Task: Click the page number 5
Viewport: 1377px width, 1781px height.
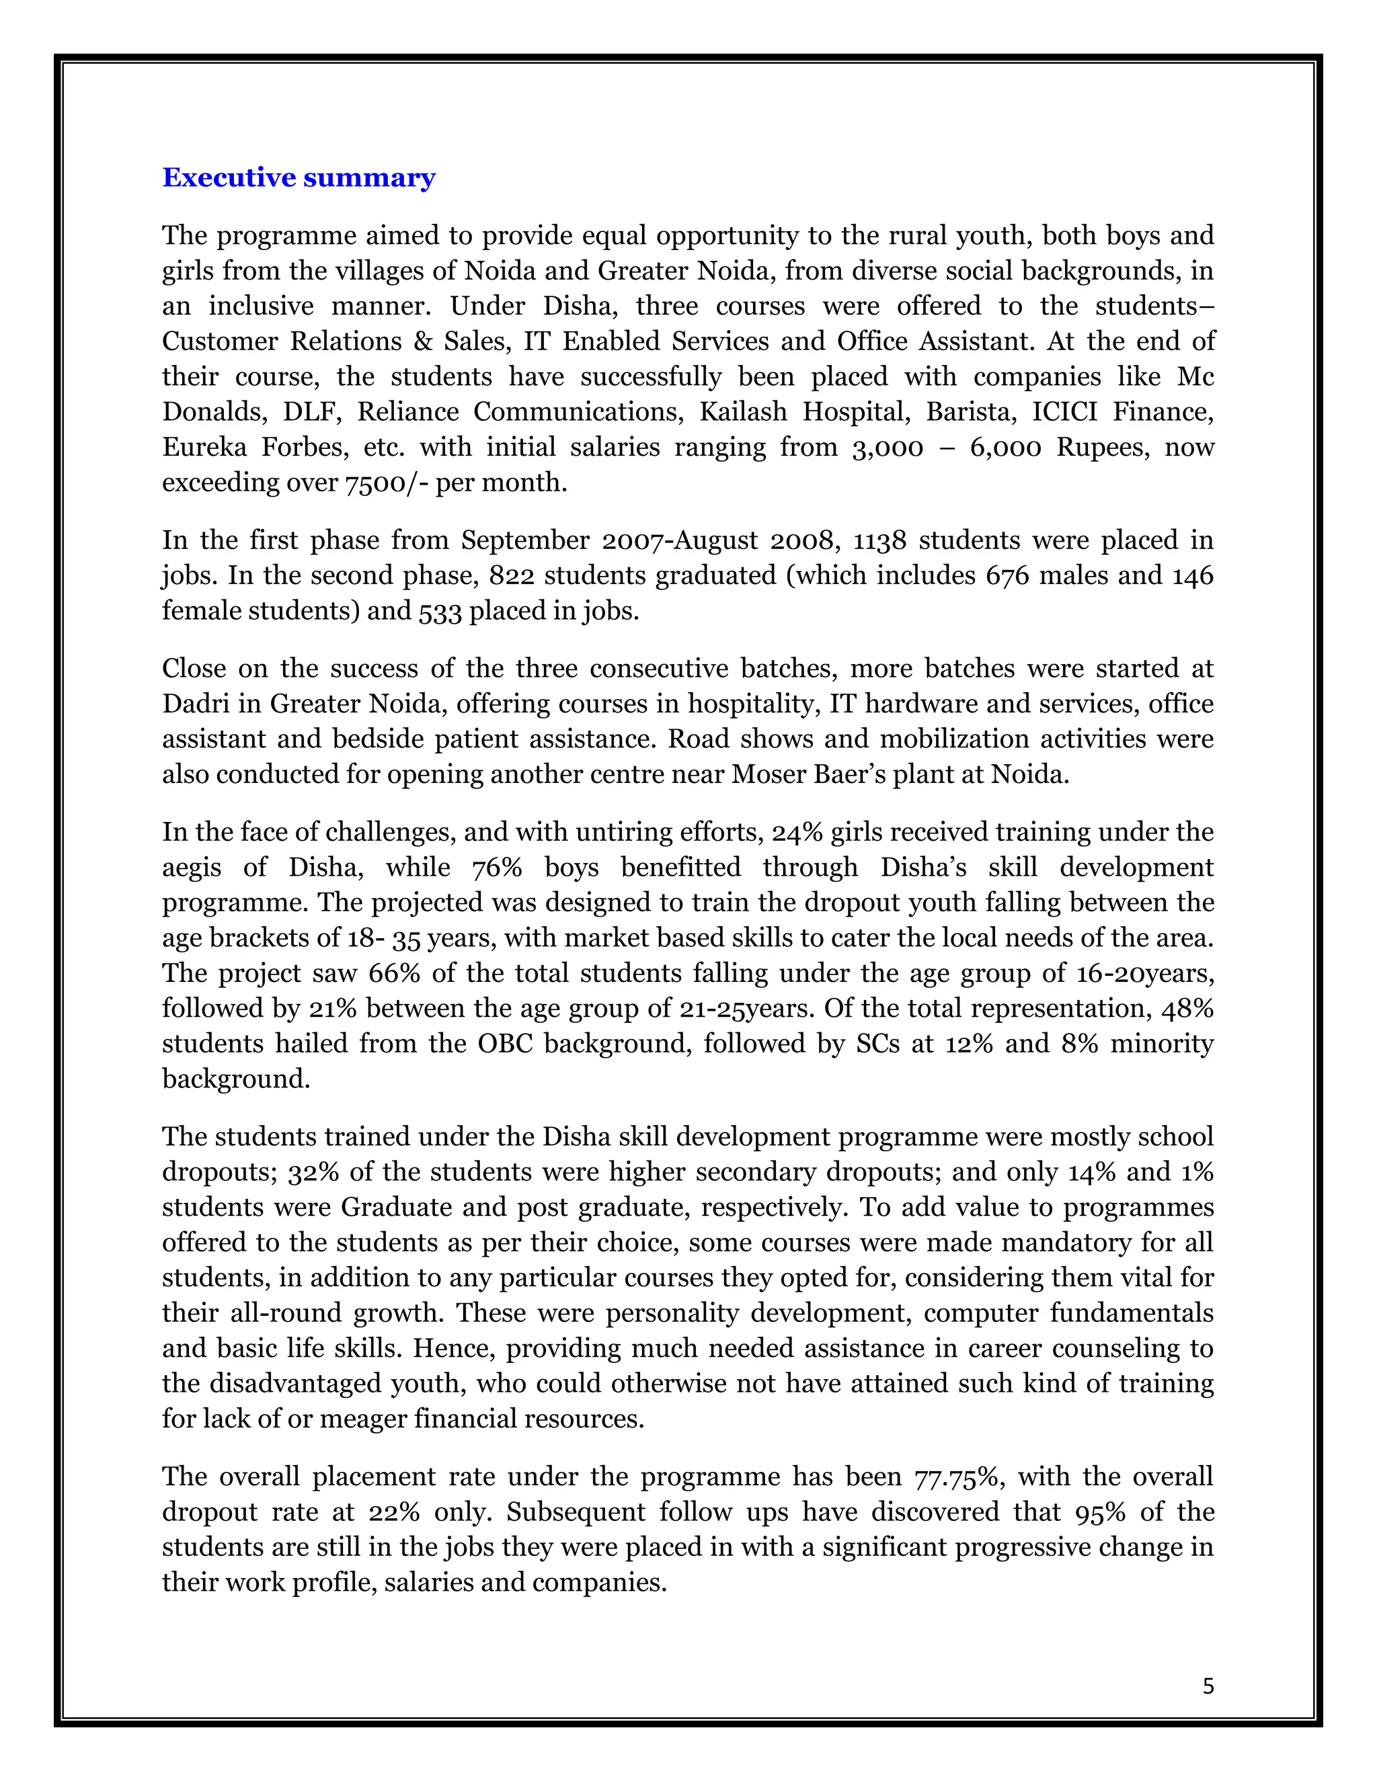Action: pyautogui.click(x=1208, y=1686)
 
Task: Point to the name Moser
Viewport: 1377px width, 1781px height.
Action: pyautogui.click(x=766, y=773)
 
